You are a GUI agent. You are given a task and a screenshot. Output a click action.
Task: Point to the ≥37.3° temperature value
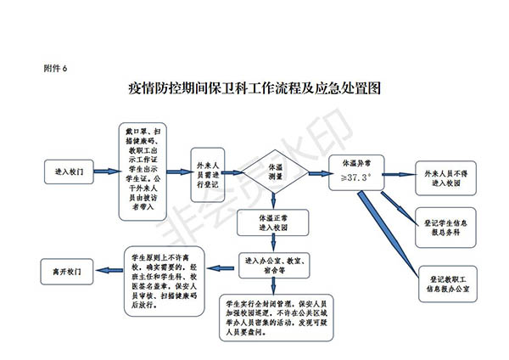click(356, 178)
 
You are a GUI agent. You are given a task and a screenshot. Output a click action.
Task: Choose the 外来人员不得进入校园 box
click(445, 177)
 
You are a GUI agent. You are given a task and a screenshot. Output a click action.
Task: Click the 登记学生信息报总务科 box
click(447, 225)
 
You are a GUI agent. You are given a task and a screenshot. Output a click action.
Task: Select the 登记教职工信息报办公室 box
click(455, 282)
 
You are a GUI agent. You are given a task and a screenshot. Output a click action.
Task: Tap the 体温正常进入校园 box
click(273, 223)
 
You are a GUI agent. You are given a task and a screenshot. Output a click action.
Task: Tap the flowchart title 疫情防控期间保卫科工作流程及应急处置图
click(253, 88)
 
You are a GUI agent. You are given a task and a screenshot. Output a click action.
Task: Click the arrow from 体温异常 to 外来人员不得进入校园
click(398, 173)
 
